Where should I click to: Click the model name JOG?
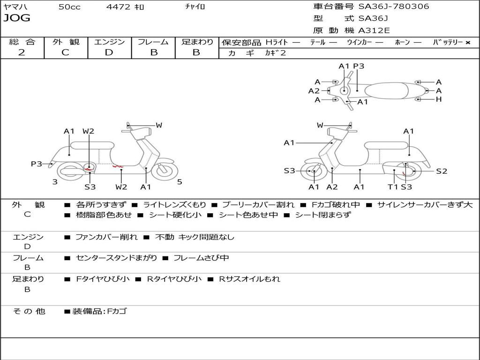16,18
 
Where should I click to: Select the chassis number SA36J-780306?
394,7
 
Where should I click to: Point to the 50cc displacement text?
69,7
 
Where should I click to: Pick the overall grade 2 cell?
22,52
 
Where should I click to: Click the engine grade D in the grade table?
109,52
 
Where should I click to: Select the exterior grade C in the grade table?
65,52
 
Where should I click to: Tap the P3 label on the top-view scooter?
359,66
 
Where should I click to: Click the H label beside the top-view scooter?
439,99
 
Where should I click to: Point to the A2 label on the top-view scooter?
314,91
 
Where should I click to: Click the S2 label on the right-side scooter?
442,171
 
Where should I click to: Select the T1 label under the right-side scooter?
393,187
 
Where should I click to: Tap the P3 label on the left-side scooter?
37,164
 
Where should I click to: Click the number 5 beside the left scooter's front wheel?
180,182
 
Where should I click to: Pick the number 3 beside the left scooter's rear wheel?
55,182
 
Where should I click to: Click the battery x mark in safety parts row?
467,42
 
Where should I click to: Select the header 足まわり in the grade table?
197,42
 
